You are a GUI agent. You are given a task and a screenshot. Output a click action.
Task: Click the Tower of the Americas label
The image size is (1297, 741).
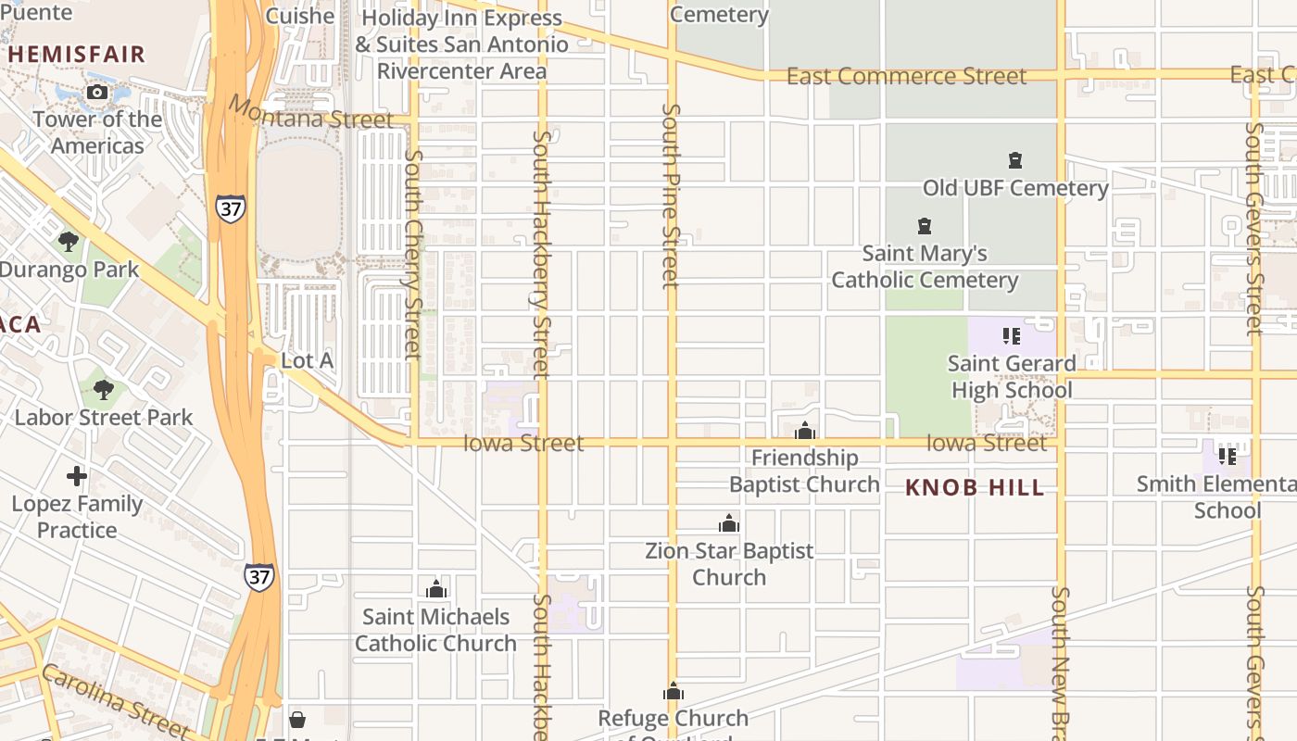tap(97, 132)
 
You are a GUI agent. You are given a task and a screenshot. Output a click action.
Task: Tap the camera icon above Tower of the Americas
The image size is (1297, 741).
tap(96, 92)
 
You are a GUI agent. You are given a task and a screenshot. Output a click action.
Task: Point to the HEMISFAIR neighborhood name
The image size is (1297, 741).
tap(77, 54)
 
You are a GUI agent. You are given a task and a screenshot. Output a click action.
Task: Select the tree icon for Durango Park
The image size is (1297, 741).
tap(68, 242)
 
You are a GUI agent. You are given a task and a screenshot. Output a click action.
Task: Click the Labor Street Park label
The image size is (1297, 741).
tap(103, 417)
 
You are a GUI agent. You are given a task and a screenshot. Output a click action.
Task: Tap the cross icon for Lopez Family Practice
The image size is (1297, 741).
tap(77, 476)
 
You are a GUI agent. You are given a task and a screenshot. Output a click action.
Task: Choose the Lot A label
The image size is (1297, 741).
tap(307, 360)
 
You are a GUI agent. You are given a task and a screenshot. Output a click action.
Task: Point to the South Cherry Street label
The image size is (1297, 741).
tap(413, 255)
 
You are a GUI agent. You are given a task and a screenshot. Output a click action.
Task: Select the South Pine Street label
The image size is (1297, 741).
tap(671, 195)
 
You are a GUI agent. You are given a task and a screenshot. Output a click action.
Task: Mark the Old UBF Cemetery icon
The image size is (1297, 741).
tap(1015, 160)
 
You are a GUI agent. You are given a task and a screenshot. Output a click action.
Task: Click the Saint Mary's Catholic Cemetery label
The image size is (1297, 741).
tap(925, 267)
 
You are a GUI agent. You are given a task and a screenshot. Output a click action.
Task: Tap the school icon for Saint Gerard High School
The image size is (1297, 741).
tap(1012, 335)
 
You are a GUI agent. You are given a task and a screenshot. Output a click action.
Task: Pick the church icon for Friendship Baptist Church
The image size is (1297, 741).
tap(805, 431)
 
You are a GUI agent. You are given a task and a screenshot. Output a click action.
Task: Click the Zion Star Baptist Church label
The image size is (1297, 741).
tap(729, 563)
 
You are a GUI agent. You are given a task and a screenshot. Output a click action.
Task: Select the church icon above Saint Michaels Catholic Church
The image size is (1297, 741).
tap(436, 589)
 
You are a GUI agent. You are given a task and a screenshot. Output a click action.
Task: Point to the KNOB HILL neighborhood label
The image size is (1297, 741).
tap(975, 488)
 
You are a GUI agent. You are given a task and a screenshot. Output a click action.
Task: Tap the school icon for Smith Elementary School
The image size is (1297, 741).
tap(1228, 456)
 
